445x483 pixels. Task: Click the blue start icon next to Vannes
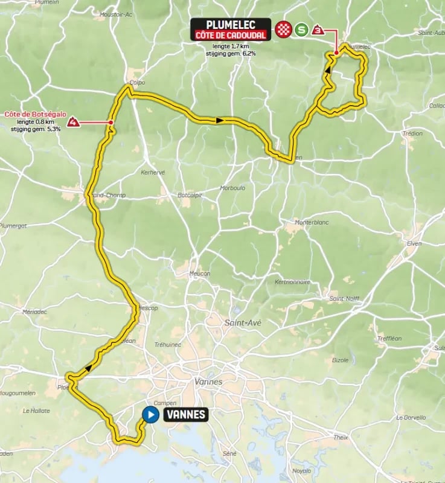(x=150, y=414)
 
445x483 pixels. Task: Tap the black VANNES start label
(x=185, y=415)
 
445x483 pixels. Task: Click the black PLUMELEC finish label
(x=230, y=25)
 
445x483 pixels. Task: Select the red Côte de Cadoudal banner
(x=230, y=36)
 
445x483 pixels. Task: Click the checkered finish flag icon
(x=283, y=29)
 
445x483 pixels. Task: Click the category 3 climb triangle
(x=319, y=29)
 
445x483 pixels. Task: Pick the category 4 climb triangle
(x=73, y=123)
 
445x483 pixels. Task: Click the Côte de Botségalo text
(x=34, y=114)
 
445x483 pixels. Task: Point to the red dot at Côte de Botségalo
(x=112, y=123)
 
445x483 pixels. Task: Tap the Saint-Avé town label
(x=243, y=323)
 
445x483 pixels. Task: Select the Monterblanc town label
(x=311, y=223)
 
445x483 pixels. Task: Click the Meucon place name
(x=200, y=273)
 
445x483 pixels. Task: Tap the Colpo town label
(x=137, y=83)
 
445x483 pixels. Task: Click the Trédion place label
(x=412, y=133)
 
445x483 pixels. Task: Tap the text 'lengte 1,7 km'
(x=231, y=46)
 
